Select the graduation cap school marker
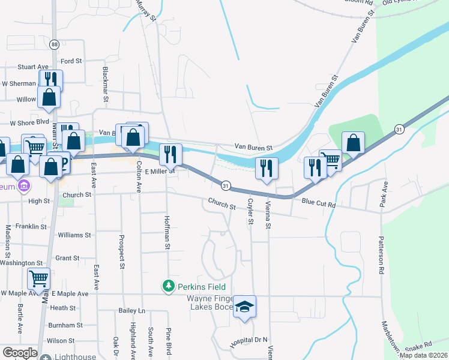[245, 307]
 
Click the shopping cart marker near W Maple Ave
[38, 279]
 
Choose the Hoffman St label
[167, 233]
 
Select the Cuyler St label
[250, 212]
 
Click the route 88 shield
[55, 44]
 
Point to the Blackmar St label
[106, 79]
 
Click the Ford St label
[71, 61]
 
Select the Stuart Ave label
[33, 67]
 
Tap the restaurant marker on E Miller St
[170, 155]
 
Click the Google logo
[19, 353]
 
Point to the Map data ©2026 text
[423, 355]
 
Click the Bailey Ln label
[132, 310]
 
